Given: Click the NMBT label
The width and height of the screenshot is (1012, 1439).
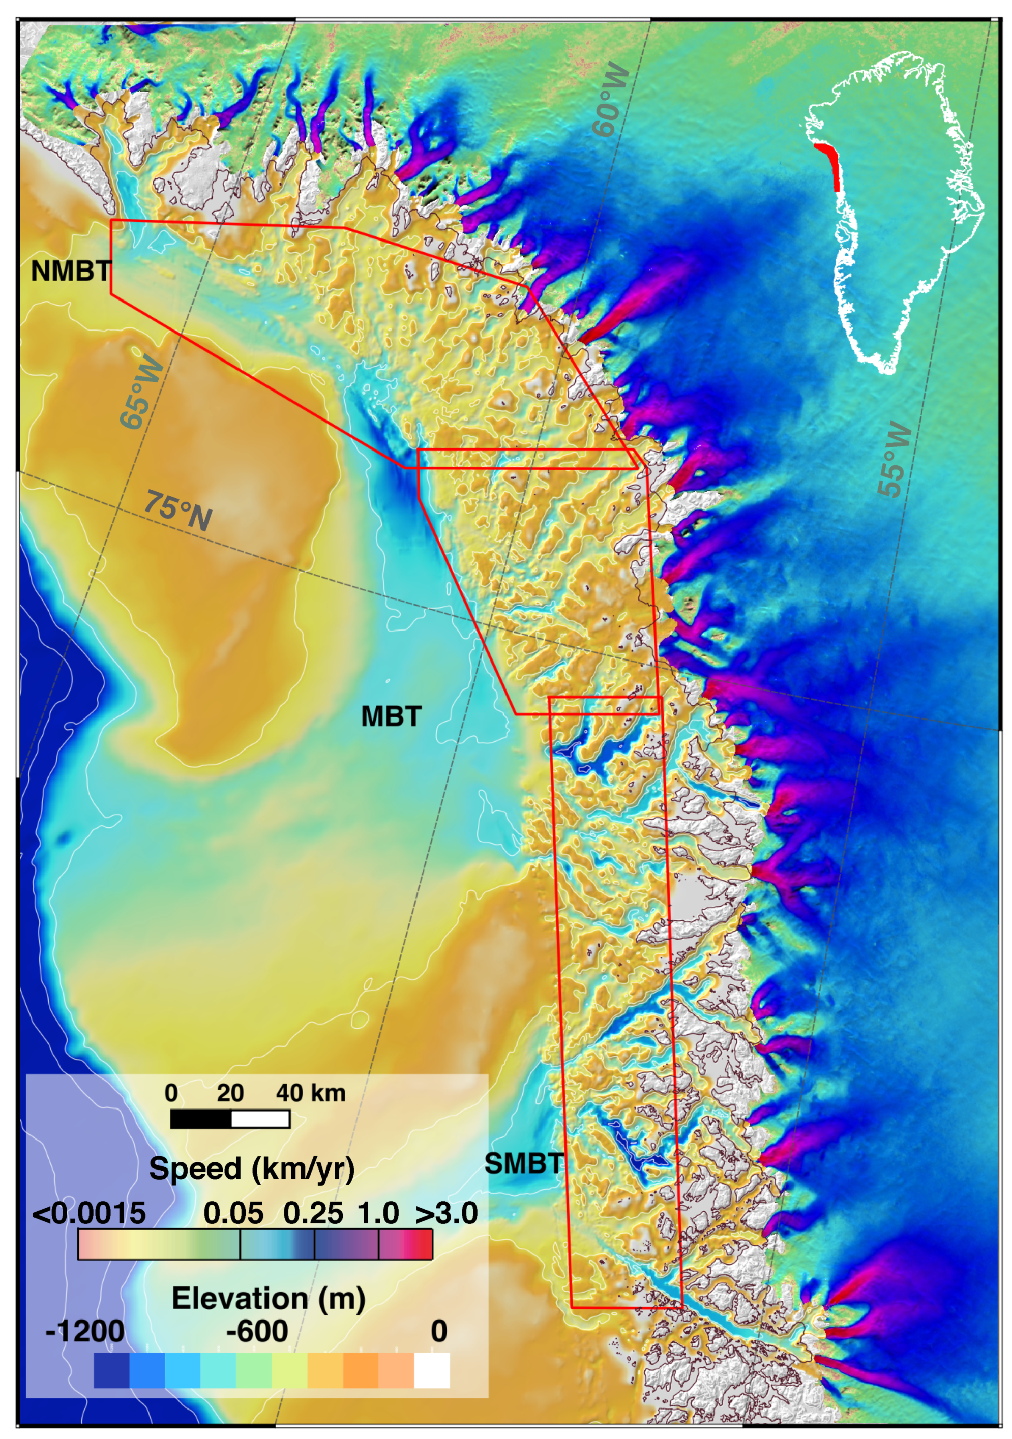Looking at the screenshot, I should point(71,272).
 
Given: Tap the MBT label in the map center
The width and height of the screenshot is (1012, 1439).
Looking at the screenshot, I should point(391,716).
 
